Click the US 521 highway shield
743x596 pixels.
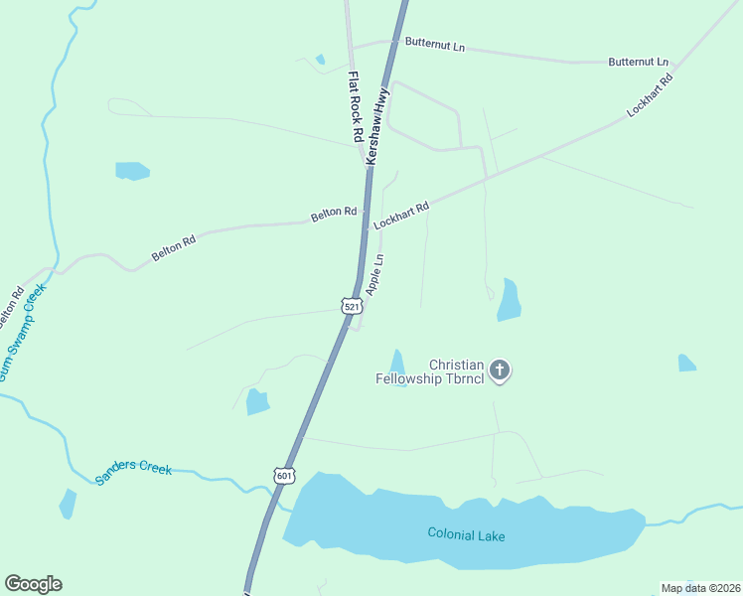(x=352, y=307)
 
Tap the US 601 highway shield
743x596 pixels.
(x=285, y=475)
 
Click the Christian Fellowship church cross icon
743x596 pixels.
(x=500, y=371)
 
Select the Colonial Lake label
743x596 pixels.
(x=466, y=535)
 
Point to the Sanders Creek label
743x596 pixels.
(x=133, y=473)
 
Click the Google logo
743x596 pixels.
(x=33, y=584)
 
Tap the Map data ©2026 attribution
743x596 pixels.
(x=700, y=588)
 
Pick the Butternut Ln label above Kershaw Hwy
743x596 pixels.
(x=435, y=46)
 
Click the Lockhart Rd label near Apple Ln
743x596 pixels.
(x=401, y=216)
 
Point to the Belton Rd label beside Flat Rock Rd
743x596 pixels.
(x=333, y=213)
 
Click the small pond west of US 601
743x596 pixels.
(x=257, y=401)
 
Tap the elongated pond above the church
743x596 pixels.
(x=509, y=300)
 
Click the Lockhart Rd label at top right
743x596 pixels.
(x=651, y=96)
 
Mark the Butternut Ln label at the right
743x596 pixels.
(x=638, y=62)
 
